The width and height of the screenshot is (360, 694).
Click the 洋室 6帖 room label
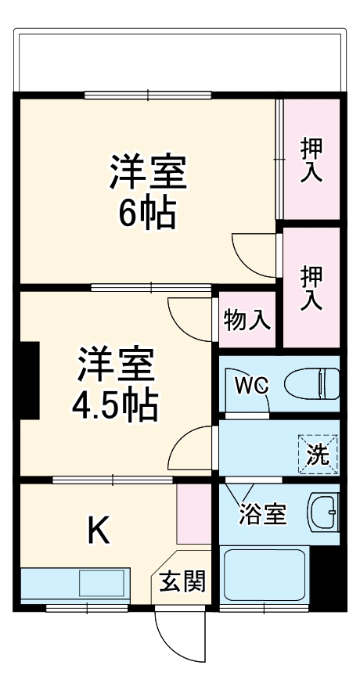(149, 192)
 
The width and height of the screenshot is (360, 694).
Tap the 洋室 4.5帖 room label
(116, 384)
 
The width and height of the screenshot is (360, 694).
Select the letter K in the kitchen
(97, 531)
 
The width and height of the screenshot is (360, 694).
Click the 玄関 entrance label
(183, 581)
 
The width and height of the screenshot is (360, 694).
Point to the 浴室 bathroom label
(262, 515)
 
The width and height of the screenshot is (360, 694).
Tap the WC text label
(253, 385)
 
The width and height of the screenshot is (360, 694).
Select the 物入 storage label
(247, 319)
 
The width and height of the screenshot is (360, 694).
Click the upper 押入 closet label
(311, 160)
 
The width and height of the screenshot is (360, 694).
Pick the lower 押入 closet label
(311, 289)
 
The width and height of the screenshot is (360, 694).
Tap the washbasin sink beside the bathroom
(322, 512)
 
